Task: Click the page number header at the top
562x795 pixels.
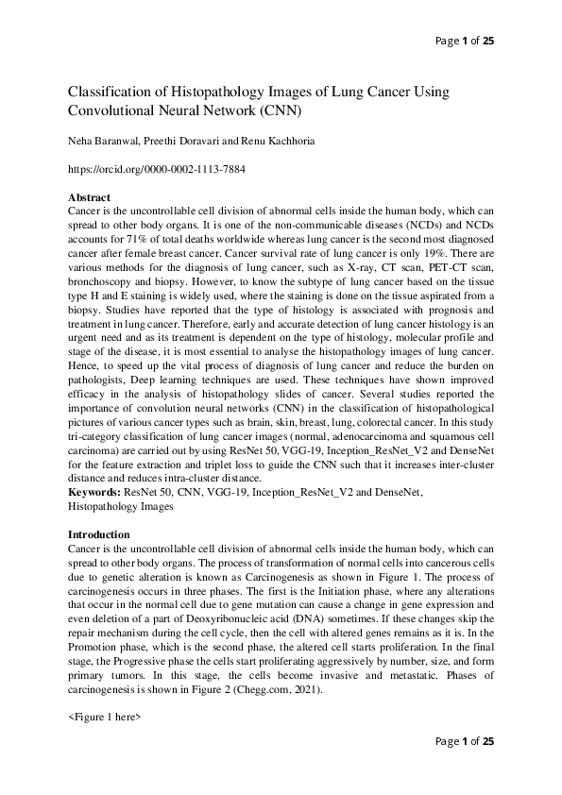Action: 464,40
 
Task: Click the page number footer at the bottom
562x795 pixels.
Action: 464,741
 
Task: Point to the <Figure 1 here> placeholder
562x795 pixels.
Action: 105,719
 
